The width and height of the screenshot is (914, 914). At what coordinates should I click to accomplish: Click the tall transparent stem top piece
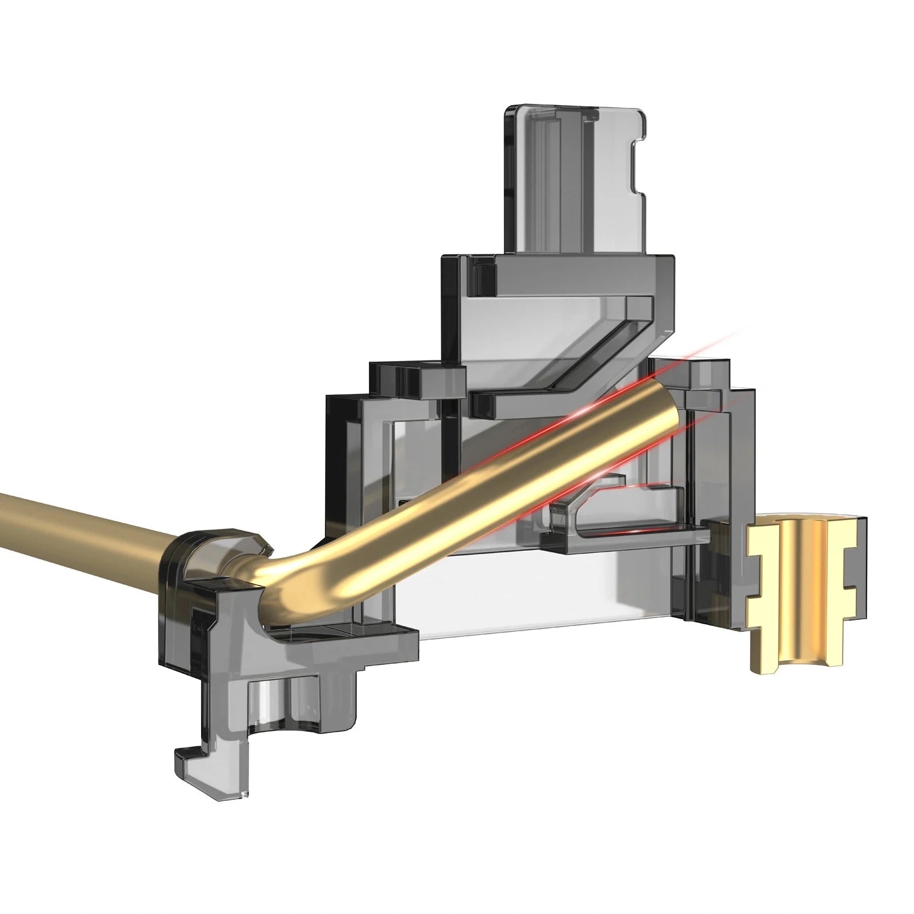574,177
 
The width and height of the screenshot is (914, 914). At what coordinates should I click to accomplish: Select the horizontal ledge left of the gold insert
628,537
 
